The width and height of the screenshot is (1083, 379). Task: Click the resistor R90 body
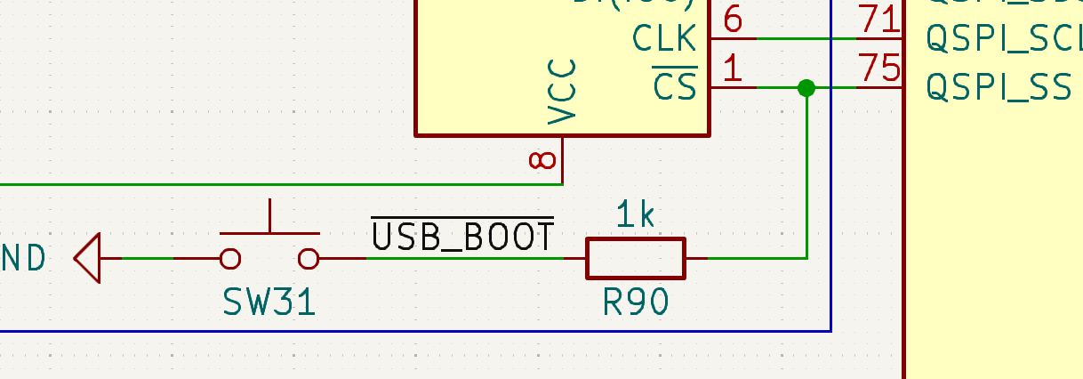click(635, 258)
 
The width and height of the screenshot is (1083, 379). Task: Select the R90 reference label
click(635, 303)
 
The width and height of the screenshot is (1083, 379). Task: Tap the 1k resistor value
click(635, 215)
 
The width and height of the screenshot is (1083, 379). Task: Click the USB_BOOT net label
click(462, 237)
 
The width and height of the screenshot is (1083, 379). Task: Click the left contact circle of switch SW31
click(229, 258)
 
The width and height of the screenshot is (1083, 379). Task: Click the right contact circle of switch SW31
click(309, 258)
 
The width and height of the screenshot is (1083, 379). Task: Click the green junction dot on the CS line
click(806, 87)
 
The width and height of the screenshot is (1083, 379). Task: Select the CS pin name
click(675, 86)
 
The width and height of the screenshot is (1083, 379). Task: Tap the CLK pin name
click(664, 38)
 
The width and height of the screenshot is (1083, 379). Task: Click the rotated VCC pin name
click(563, 91)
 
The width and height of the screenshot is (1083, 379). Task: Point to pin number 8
click(542, 160)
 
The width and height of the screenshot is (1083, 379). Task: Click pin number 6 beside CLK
click(733, 20)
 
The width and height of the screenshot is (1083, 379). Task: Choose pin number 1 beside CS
click(733, 69)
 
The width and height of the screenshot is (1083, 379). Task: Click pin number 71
click(878, 20)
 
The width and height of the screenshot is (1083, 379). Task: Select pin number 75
click(878, 69)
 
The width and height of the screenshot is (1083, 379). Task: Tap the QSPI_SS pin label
click(999, 87)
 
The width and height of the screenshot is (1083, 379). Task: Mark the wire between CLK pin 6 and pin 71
click(806, 38)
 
